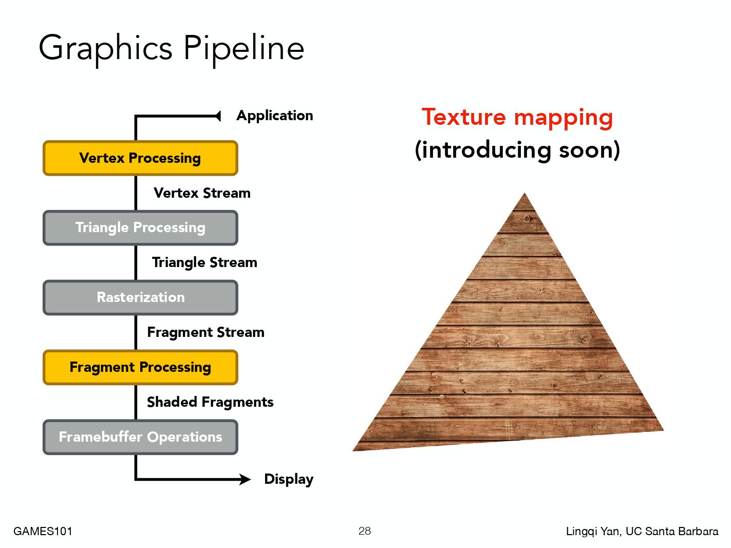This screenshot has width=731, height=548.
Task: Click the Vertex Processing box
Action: click(140, 158)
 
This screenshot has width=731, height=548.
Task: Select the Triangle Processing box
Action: click(140, 228)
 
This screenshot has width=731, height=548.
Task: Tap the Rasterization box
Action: click(140, 297)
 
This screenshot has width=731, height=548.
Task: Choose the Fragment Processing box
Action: click(140, 367)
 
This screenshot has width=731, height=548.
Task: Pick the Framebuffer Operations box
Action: click(140, 437)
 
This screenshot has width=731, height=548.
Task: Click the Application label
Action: click(275, 116)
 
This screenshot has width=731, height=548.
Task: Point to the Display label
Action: click(289, 479)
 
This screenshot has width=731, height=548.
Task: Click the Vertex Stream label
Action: click(202, 193)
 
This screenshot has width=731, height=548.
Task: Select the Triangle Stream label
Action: click(204, 262)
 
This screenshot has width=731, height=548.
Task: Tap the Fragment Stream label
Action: click(206, 332)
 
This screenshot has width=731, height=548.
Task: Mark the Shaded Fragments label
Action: click(210, 402)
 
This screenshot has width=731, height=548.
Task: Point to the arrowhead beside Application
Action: click(218, 116)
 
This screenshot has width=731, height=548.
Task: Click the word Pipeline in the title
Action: click(244, 49)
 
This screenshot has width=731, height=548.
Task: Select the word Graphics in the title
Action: click(105, 49)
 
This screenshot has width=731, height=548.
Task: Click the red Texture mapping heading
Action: click(517, 118)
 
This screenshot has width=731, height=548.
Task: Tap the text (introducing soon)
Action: click(517, 150)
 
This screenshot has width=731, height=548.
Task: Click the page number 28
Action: click(365, 531)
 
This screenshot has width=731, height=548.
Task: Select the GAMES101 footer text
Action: click(43, 531)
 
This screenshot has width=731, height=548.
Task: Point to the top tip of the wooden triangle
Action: click(524, 193)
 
